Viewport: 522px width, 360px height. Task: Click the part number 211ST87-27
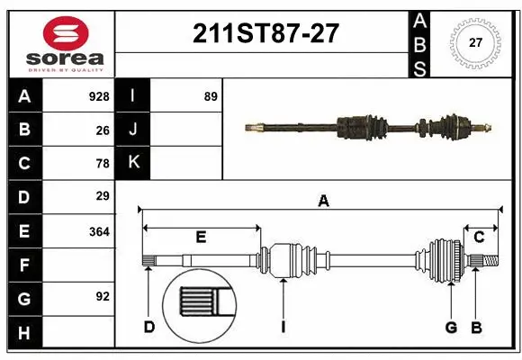266,33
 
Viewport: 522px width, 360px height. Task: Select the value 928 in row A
99,96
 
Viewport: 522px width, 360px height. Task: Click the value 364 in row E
99,231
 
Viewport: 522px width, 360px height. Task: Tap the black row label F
24,265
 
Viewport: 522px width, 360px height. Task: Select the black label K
133,163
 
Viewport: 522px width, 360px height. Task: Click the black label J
133,130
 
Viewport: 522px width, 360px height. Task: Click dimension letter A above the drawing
323,202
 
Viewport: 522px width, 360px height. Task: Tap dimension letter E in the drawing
201,238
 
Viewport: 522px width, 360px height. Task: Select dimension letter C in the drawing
480,238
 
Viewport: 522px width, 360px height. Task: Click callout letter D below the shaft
149,327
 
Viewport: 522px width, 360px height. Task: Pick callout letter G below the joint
451,327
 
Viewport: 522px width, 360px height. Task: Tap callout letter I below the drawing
283,327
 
